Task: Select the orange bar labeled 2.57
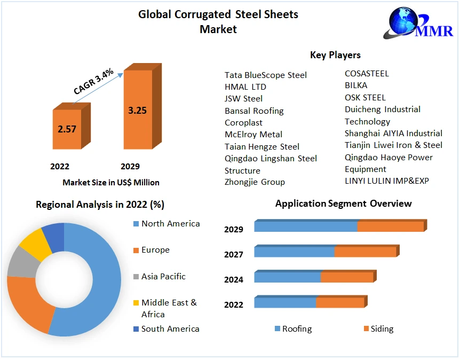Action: pyautogui.click(x=67, y=129)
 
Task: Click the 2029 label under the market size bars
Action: pyautogui.click(x=130, y=166)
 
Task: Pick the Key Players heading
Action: pyautogui.click(x=335, y=55)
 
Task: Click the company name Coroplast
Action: pyautogui.click(x=243, y=122)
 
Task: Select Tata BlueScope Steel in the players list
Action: pyautogui.click(x=265, y=75)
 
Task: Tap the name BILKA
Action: pyautogui.click(x=356, y=85)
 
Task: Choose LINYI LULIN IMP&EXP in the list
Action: pyautogui.click(x=386, y=181)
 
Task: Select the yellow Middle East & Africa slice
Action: pyautogui.click(x=32, y=244)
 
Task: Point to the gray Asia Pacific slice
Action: pyautogui.click(x=19, y=261)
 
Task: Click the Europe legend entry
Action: pyautogui.click(x=155, y=250)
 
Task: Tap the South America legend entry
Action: pyautogui.click(x=170, y=328)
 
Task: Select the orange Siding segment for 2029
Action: pyautogui.click(x=390, y=226)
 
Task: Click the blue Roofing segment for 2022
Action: pyautogui.click(x=285, y=303)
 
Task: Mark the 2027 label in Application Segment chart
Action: pyautogui.click(x=234, y=254)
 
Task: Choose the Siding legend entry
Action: pyautogui.click(x=381, y=328)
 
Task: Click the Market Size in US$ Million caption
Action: pyautogui.click(x=111, y=182)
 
